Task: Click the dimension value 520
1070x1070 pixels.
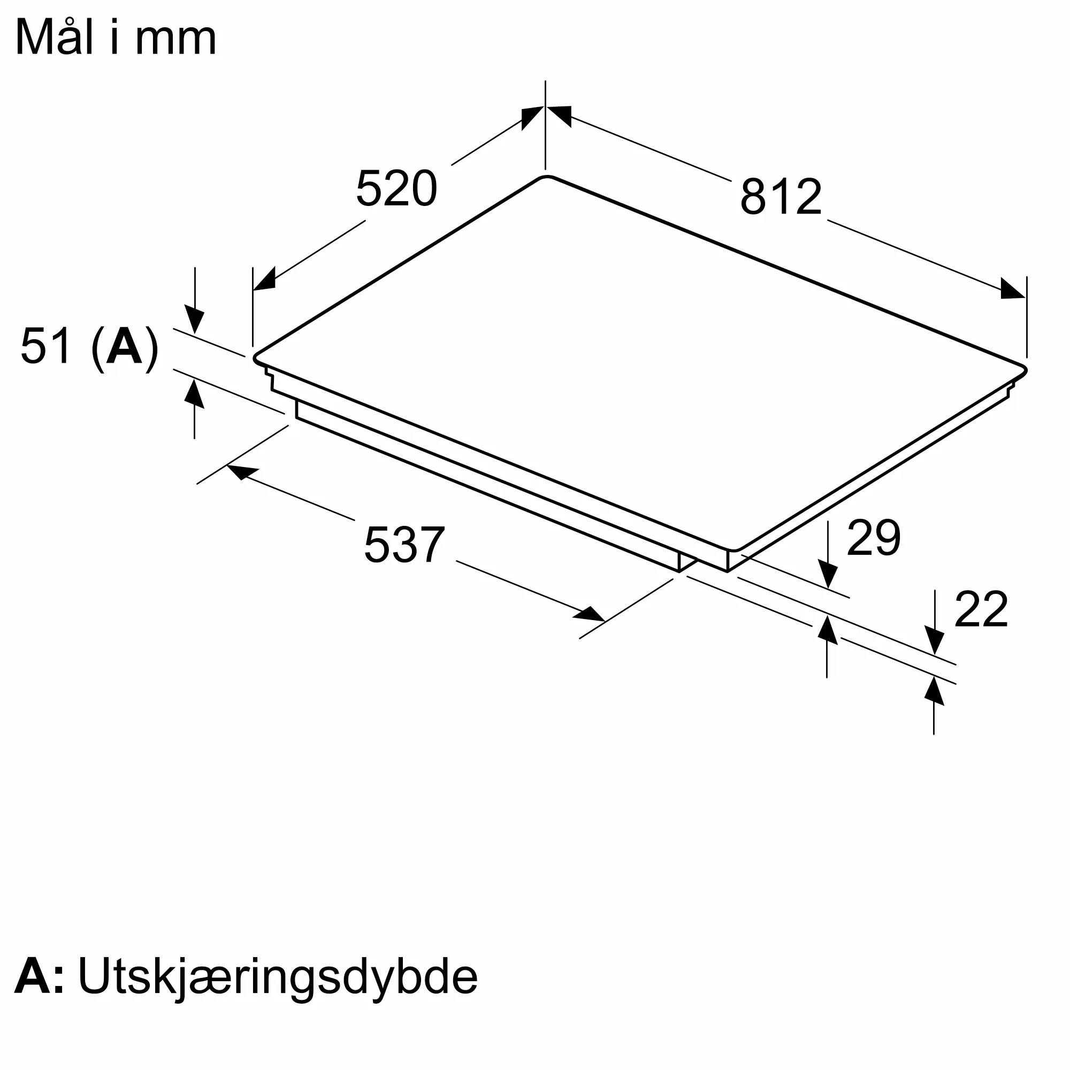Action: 396,189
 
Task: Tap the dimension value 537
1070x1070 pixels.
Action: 404,545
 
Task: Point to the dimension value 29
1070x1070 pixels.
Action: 874,537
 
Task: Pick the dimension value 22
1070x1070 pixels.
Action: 981,609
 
